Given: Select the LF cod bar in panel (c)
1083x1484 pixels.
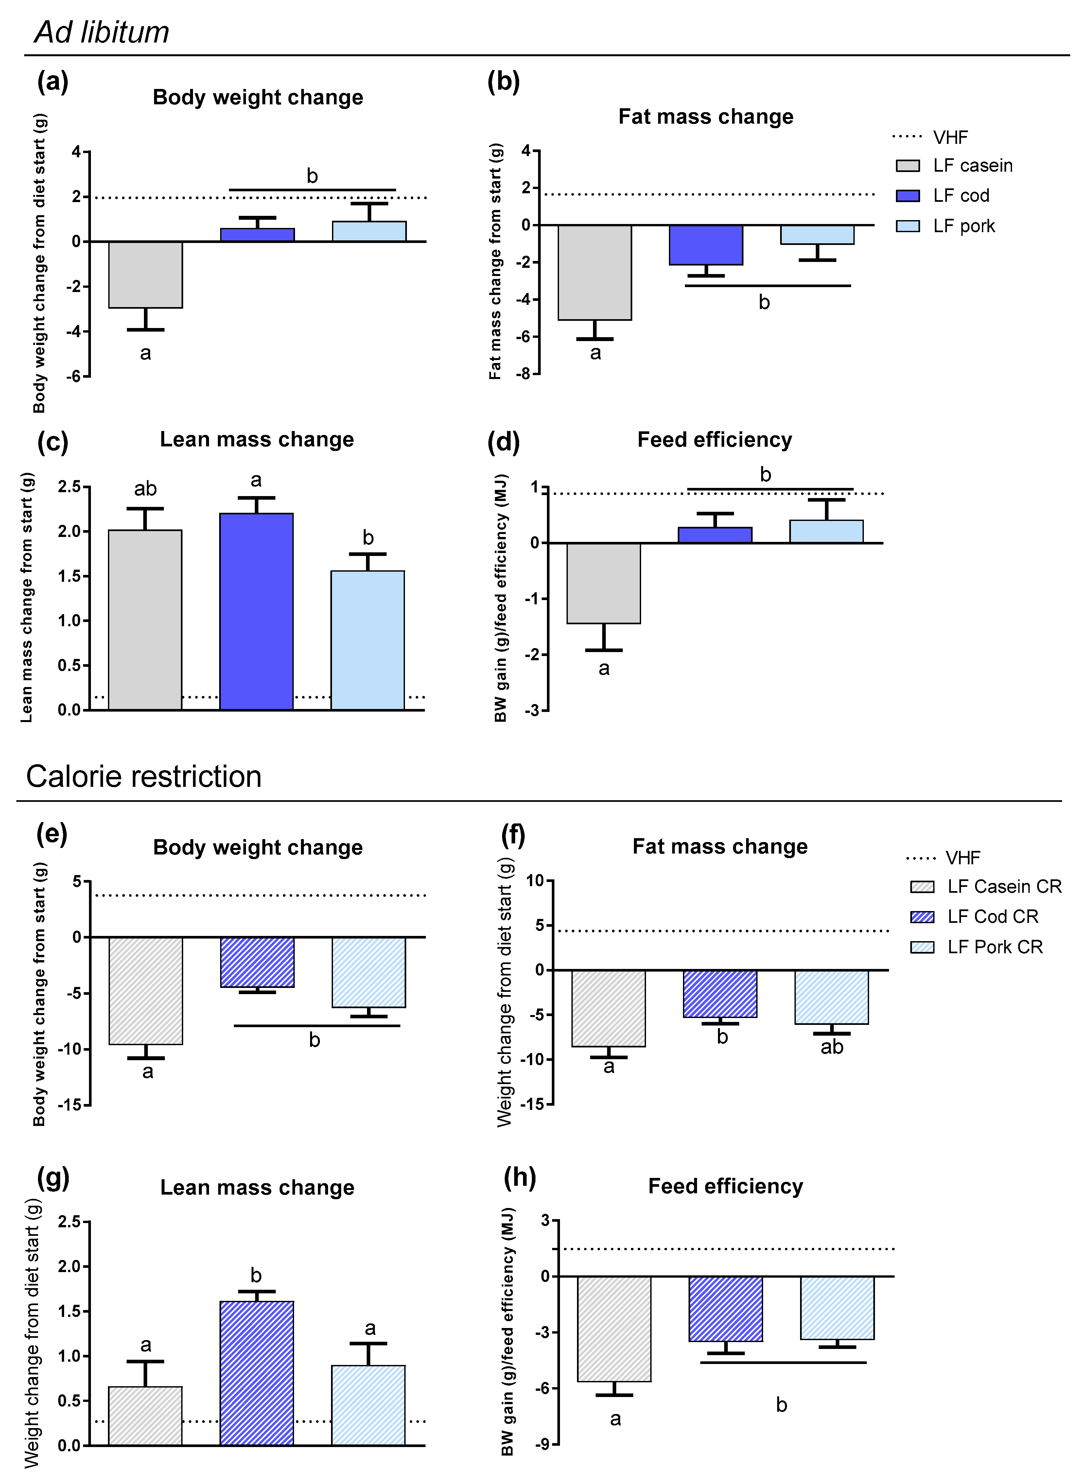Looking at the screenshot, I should (x=256, y=611).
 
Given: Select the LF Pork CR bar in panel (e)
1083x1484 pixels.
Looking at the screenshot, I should (x=368, y=972).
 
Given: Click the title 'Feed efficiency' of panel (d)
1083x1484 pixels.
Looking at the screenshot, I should (x=715, y=440).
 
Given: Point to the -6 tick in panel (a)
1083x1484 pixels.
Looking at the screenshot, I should (x=76, y=376).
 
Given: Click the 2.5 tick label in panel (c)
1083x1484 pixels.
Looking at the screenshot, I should (x=69, y=487).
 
